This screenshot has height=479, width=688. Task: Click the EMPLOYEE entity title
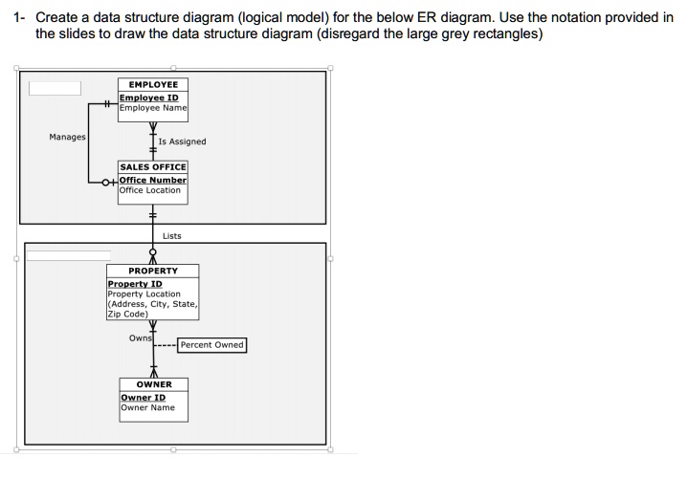[153, 84]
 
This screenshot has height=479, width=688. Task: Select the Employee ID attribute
[148, 98]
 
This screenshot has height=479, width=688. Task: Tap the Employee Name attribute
[153, 108]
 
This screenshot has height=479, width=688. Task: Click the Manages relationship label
[67, 137]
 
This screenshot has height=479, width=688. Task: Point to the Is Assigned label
[182, 142]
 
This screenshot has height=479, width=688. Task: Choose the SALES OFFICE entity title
[153, 167]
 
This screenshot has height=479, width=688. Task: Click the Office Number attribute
[153, 180]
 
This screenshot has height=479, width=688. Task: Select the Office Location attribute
[150, 190]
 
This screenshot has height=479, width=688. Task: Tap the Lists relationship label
[172, 235]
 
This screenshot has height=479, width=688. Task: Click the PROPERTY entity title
[153, 271]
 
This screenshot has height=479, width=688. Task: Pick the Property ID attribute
[135, 284]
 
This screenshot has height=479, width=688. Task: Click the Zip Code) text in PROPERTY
[127, 314]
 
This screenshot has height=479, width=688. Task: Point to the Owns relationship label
[140, 337]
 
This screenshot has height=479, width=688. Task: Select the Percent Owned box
[211, 345]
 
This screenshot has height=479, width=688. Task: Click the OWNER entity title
[154, 384]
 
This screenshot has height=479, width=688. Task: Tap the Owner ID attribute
[143, 398]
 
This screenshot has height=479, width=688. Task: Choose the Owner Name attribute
[147, 408]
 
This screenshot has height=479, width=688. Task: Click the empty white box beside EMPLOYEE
[55, 88]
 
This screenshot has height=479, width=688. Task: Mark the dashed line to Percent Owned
[166, 346]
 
